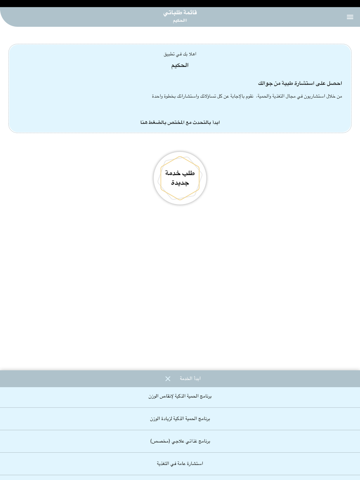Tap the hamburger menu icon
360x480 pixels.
pyautogui.click(x=350, y=17)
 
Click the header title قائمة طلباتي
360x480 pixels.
pyautogui.click(x=180, y=13)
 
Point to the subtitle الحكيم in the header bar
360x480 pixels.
pyautogui.click(x=180, y=21)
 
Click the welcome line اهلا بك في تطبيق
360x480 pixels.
pyautogui.click(x=180, y=54)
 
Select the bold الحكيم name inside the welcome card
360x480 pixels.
pyautogui.click(x=180, y=65)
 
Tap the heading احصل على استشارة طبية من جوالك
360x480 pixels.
pyautogui.click(x=300, y=83)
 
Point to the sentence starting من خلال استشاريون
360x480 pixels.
pyautogui.click(x=247, y=96)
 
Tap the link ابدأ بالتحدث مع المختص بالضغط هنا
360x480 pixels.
pyautogui.click(x=180, y=122)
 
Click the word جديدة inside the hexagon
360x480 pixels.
pyautogui.click(x=180, y=183)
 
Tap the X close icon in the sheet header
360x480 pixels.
pyautogui.click(x=168, y=379)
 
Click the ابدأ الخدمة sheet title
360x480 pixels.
pyautogui.click(x=190, y=379)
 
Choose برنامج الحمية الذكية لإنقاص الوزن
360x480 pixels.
pyautogui.click(x=180, y=396)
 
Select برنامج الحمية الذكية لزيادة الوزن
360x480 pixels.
pyautogui.click(x=180, y=418)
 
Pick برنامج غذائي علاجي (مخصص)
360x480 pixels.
pyautogui.click(x=180, y=441)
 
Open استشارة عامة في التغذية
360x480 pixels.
pyautogui.click(x=180, y=463)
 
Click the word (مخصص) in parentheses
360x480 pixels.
pyautogui.click(x=160, y=441)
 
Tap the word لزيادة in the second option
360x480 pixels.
pyautogui.click(x=167, y=418)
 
